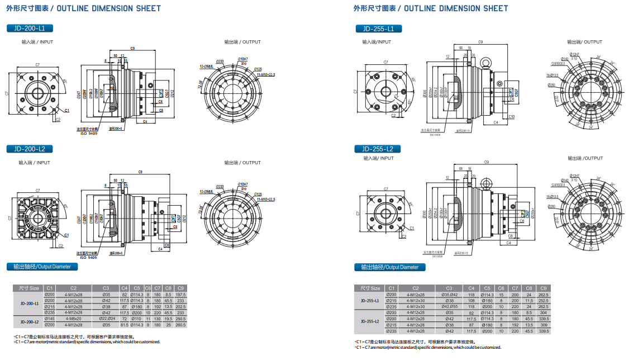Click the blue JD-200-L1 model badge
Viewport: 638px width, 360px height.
pos(30,28)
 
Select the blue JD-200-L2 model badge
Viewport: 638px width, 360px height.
pos(30,149)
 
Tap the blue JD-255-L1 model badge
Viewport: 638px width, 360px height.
pos(378,29)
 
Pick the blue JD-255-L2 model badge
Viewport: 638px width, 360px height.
pos(378,149)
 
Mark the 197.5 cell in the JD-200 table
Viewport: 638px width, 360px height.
pos(180,295)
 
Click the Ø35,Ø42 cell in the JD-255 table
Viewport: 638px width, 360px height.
pos(449,295)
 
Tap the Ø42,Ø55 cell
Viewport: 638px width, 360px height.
pos(449,306)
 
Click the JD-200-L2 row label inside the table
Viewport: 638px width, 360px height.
pos(29,321)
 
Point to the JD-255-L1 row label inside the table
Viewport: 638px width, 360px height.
pos(370,300)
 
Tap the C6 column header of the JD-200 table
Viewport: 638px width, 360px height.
pos(148,288)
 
